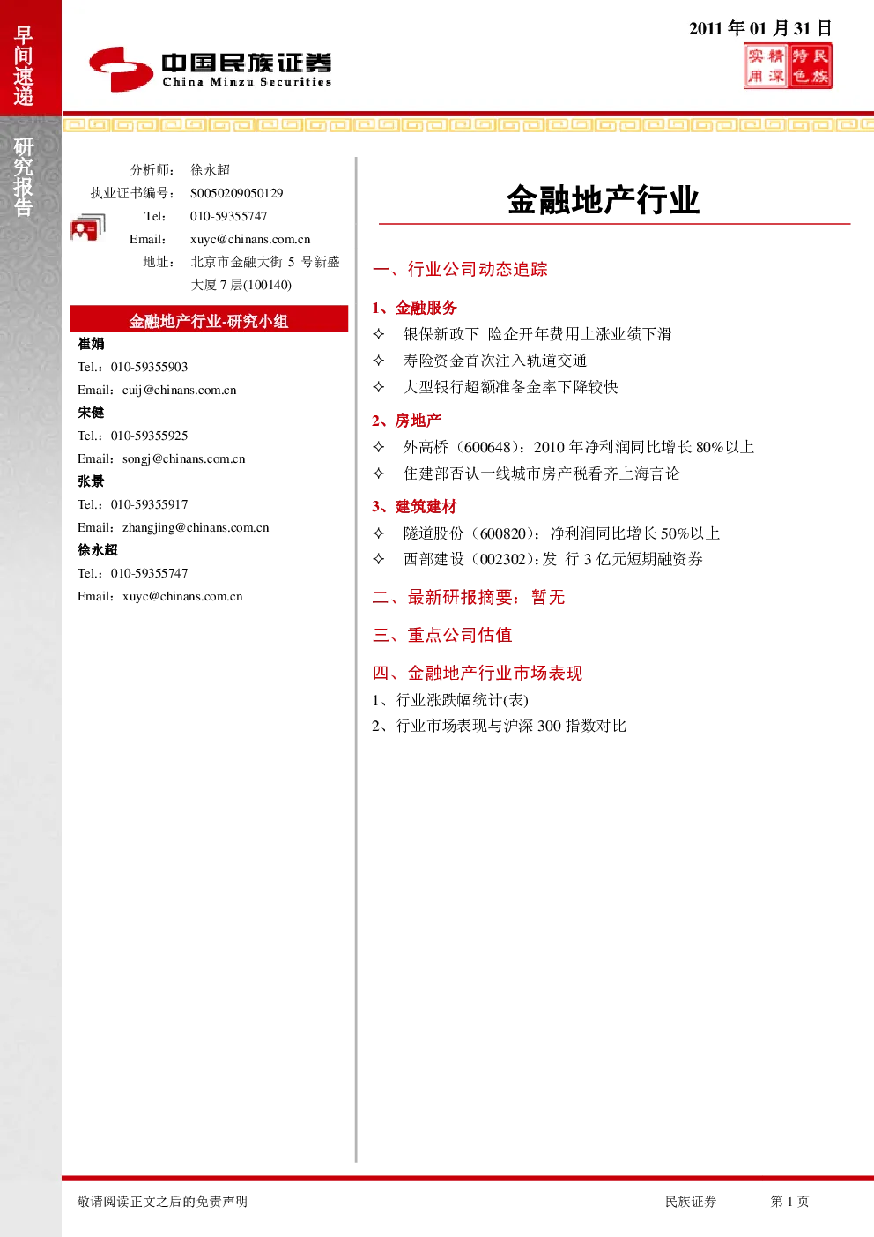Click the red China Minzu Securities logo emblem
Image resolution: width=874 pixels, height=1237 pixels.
(121, 69)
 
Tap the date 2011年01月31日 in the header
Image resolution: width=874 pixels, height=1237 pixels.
(759, 28)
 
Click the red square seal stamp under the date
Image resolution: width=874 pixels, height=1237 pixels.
(788, 66)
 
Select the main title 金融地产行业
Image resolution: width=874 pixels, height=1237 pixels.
(604, 200)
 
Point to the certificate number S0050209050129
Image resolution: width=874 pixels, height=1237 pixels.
(236, 193)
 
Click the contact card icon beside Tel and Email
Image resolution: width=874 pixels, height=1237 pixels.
(88, 227)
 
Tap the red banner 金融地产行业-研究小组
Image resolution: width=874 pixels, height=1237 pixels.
(209, 320)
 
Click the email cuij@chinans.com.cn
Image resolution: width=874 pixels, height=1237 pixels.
(180, 390)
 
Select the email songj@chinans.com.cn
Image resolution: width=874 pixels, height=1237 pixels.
(184, 458)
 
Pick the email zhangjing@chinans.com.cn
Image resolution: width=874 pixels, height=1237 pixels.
(196, 528)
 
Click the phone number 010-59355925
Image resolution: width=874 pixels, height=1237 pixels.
(150, 436)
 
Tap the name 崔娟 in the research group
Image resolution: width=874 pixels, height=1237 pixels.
(91, 344)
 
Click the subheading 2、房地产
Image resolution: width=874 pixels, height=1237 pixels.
(407, 421)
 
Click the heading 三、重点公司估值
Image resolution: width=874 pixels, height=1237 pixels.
(442, 635)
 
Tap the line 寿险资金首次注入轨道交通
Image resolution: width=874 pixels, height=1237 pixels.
(495, 361)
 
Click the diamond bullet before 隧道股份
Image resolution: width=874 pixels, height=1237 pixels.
(379, 533)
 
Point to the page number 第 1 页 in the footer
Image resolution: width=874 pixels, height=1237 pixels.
(789, 1201)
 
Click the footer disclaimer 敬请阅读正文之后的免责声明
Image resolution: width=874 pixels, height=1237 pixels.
(162, 1201)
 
